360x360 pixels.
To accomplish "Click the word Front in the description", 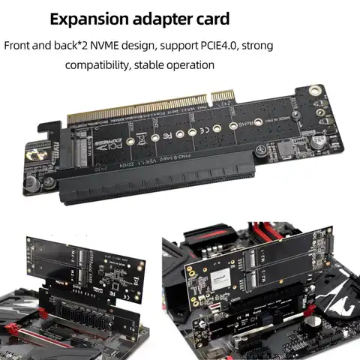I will (19, 45).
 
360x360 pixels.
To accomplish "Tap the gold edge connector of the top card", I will (150, 108).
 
